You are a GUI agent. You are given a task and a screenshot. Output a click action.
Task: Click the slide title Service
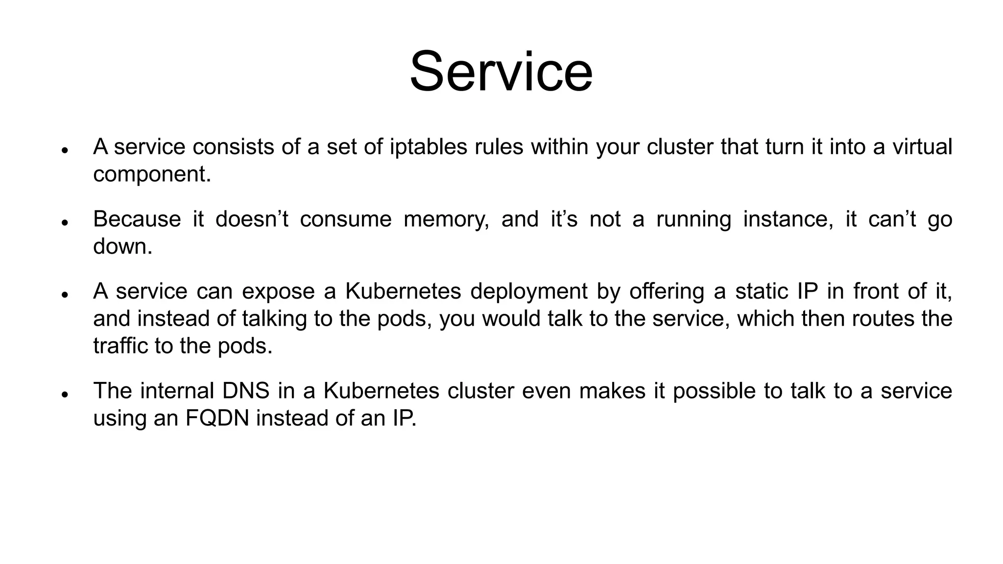tap(501, 72)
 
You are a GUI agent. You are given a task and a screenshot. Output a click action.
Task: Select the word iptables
tap(429, 146)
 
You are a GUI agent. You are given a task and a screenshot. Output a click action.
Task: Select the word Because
tap(137, 219)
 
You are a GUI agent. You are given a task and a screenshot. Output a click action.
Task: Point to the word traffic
tap(120, 346)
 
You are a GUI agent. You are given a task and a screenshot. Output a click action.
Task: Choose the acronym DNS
tap(245, 391)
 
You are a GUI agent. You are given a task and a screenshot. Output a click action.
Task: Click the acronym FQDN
tap(217, 418)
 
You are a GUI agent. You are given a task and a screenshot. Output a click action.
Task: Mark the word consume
tap(346, 219)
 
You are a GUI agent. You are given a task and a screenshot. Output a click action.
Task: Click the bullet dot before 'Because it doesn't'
tap(64, 222)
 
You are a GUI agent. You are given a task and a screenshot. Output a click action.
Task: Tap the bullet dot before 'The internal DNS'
tap(64, 394)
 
